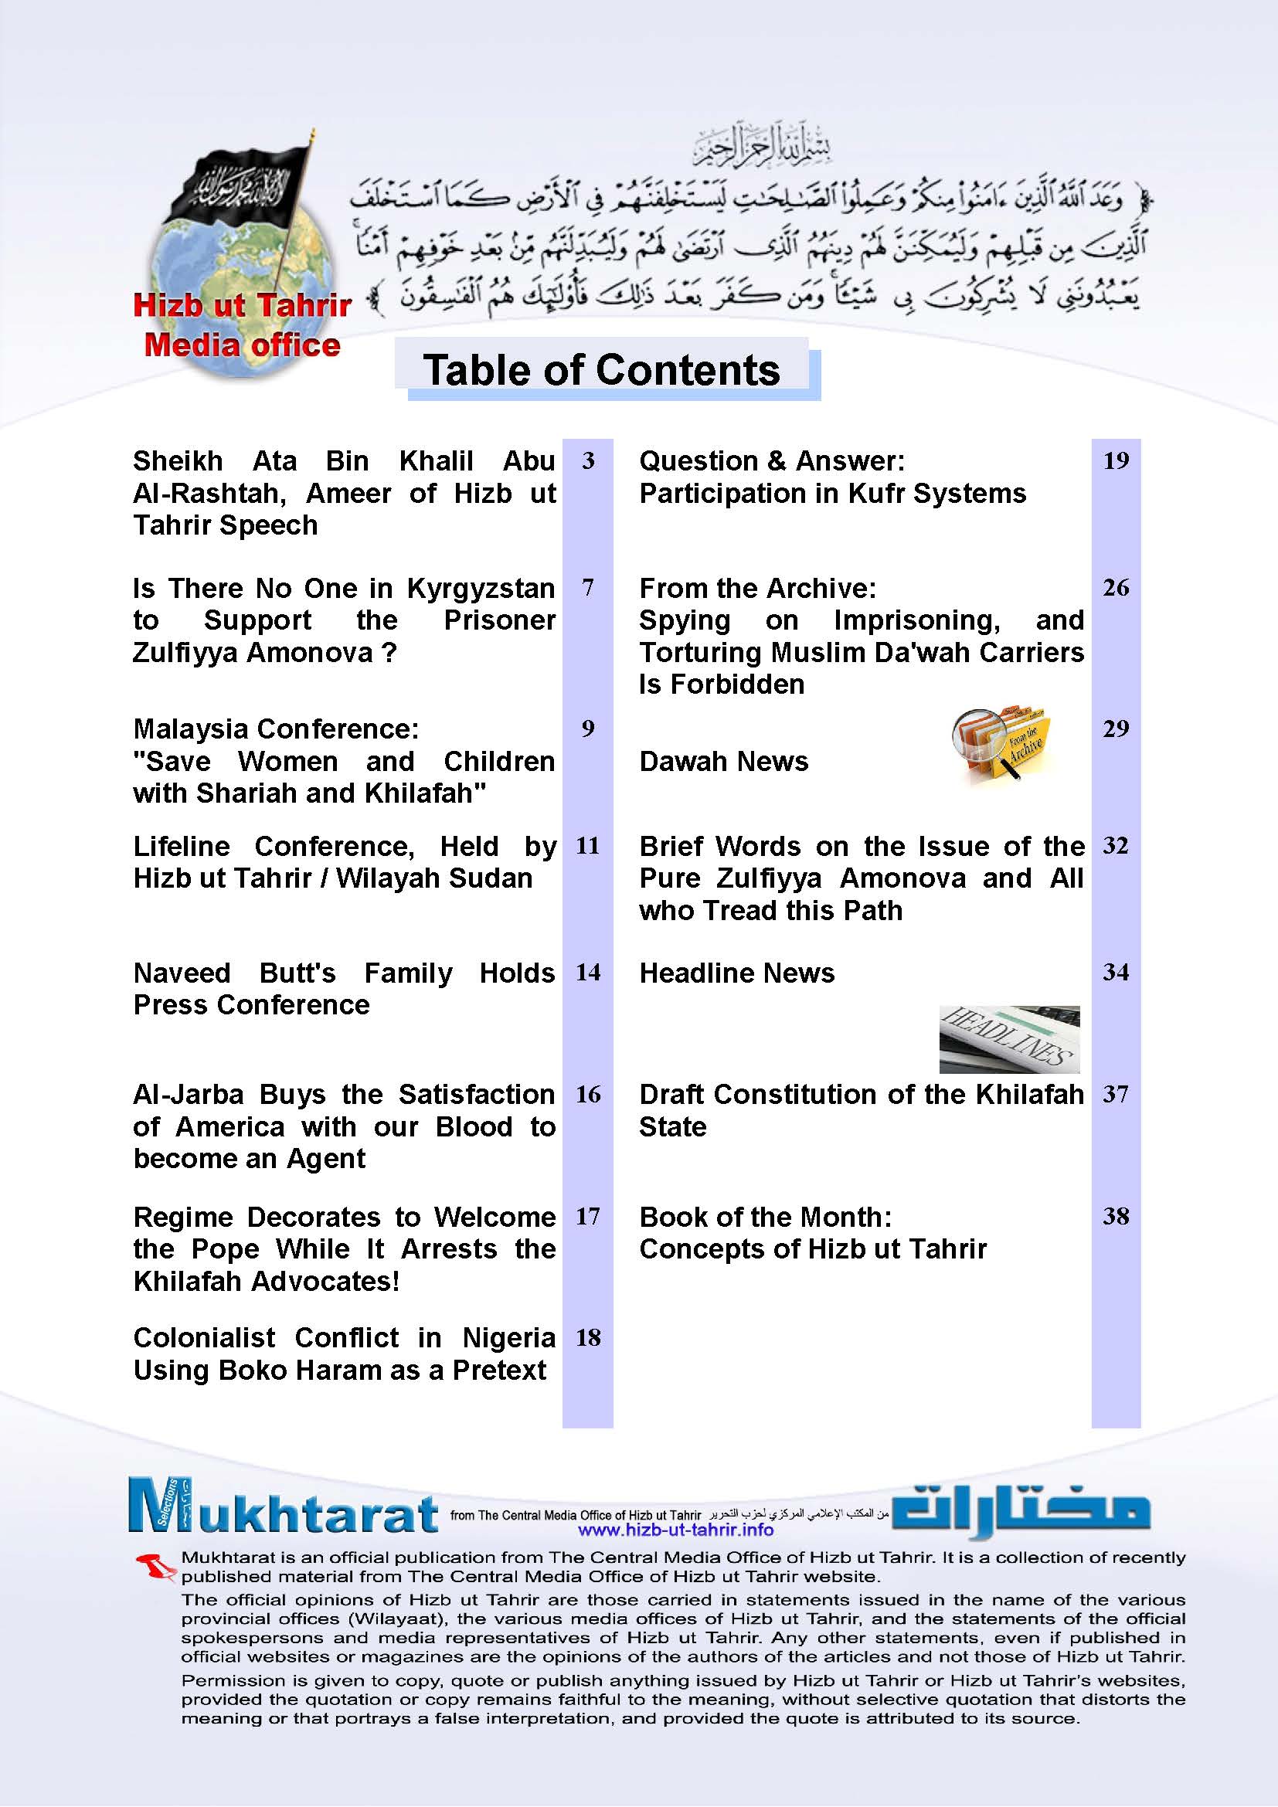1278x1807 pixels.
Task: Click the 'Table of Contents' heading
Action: click(601, 370)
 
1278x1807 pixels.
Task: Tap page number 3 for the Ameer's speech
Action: click(588, 461)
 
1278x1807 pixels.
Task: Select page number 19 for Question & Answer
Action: click(1116, 461)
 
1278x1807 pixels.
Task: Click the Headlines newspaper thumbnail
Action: click(1009, 1039)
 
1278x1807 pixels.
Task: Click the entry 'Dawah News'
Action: click(723, 762)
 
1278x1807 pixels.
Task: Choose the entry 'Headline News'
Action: click(736, 973)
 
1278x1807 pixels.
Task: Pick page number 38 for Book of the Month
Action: click(1116, 1217)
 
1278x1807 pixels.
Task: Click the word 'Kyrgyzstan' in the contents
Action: click(480, 589)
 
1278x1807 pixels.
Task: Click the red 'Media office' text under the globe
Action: click(243, 345)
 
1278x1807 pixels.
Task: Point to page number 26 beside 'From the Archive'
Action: click(1116, 588)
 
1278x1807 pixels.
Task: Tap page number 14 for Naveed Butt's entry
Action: click(588, 973)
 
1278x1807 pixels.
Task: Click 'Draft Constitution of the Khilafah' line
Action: click(861, 1095)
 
